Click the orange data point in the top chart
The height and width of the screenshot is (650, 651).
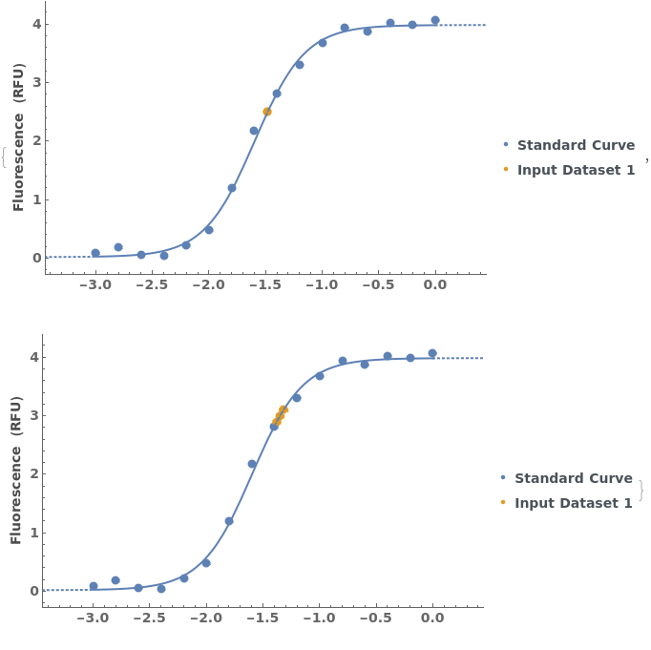267,112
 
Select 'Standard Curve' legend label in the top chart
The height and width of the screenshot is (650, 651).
576,145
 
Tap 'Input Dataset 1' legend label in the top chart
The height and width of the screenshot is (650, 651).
576,170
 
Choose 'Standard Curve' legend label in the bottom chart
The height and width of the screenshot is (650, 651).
573,478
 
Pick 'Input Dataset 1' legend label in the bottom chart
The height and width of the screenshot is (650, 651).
573,503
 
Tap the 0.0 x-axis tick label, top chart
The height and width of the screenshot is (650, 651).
435,284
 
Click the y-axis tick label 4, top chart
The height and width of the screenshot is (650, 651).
36,24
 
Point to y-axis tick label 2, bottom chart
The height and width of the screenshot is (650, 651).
34,474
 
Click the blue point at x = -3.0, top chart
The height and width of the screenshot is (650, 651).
95,253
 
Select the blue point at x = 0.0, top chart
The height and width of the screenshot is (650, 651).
435,20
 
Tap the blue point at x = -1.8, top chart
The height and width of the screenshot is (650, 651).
232,188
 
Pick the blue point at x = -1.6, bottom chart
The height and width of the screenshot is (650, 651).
252,464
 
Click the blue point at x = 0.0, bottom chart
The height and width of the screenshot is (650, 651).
432,353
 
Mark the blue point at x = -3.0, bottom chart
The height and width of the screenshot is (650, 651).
94,586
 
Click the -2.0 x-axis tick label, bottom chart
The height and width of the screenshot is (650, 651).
204,618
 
